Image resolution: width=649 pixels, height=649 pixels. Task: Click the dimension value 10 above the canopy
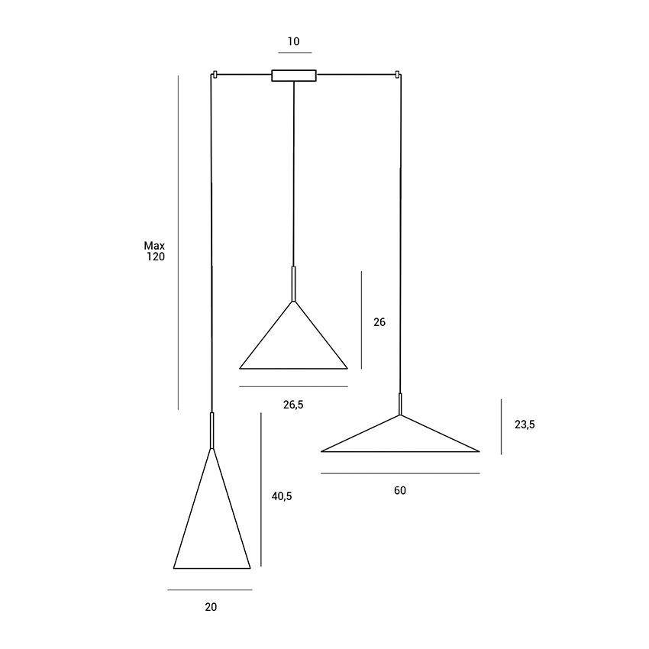coord(293,41)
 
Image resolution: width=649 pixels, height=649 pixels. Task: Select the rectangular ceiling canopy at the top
coord(294,76)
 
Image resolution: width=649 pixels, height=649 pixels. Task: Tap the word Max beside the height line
coord(154,246)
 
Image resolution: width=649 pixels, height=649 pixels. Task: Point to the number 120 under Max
coord(156,257)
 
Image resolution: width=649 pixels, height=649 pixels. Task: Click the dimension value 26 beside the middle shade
coord(379,322)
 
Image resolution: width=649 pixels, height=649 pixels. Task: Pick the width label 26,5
coord(293,405)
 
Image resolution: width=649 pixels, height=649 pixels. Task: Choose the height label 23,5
coord(525,425)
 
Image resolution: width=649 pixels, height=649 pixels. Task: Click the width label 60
coord(400,490)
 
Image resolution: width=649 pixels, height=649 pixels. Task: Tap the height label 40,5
coord(282,496)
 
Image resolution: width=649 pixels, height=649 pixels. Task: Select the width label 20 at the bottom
coord(211,607)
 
